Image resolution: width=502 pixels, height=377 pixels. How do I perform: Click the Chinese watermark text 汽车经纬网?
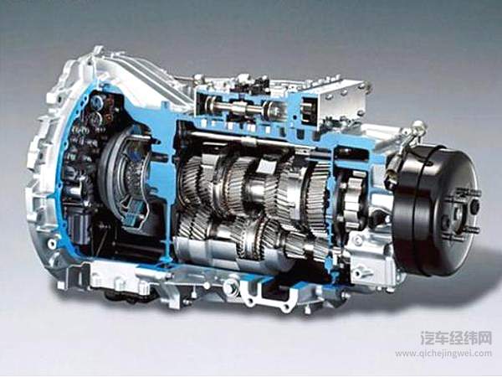(x=456, y=338)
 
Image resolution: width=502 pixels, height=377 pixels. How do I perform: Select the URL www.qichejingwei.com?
(x=443, y=354)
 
